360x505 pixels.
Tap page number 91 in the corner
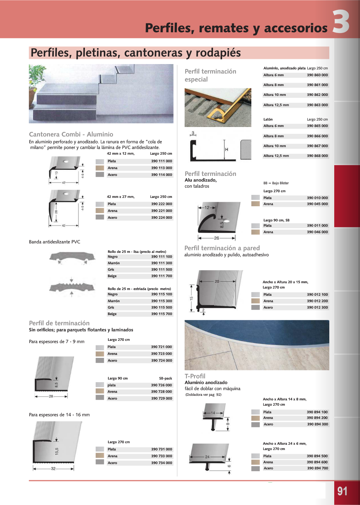(343, 491)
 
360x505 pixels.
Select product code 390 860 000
(317, 75)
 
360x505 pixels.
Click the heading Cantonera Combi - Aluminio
(71, 134)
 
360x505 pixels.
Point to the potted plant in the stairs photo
(36, 83)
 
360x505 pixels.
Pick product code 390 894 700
(317, 468)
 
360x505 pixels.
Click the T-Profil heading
(195, 376)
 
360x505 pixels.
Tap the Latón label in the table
(268, 119)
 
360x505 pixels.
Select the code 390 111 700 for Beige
(161, 276)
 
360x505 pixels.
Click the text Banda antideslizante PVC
(55, 242)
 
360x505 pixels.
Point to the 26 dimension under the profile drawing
(216, 238)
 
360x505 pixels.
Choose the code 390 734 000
(161, 463)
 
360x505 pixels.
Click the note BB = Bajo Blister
(276, 183)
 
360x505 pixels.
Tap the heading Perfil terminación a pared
(222, 248)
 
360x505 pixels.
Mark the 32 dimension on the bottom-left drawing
(53, 469)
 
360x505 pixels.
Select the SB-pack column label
(166, 378)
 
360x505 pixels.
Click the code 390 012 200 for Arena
(317, 301)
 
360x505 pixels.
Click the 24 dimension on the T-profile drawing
(207, 457)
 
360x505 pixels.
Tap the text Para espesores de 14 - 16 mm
(59, 415)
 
